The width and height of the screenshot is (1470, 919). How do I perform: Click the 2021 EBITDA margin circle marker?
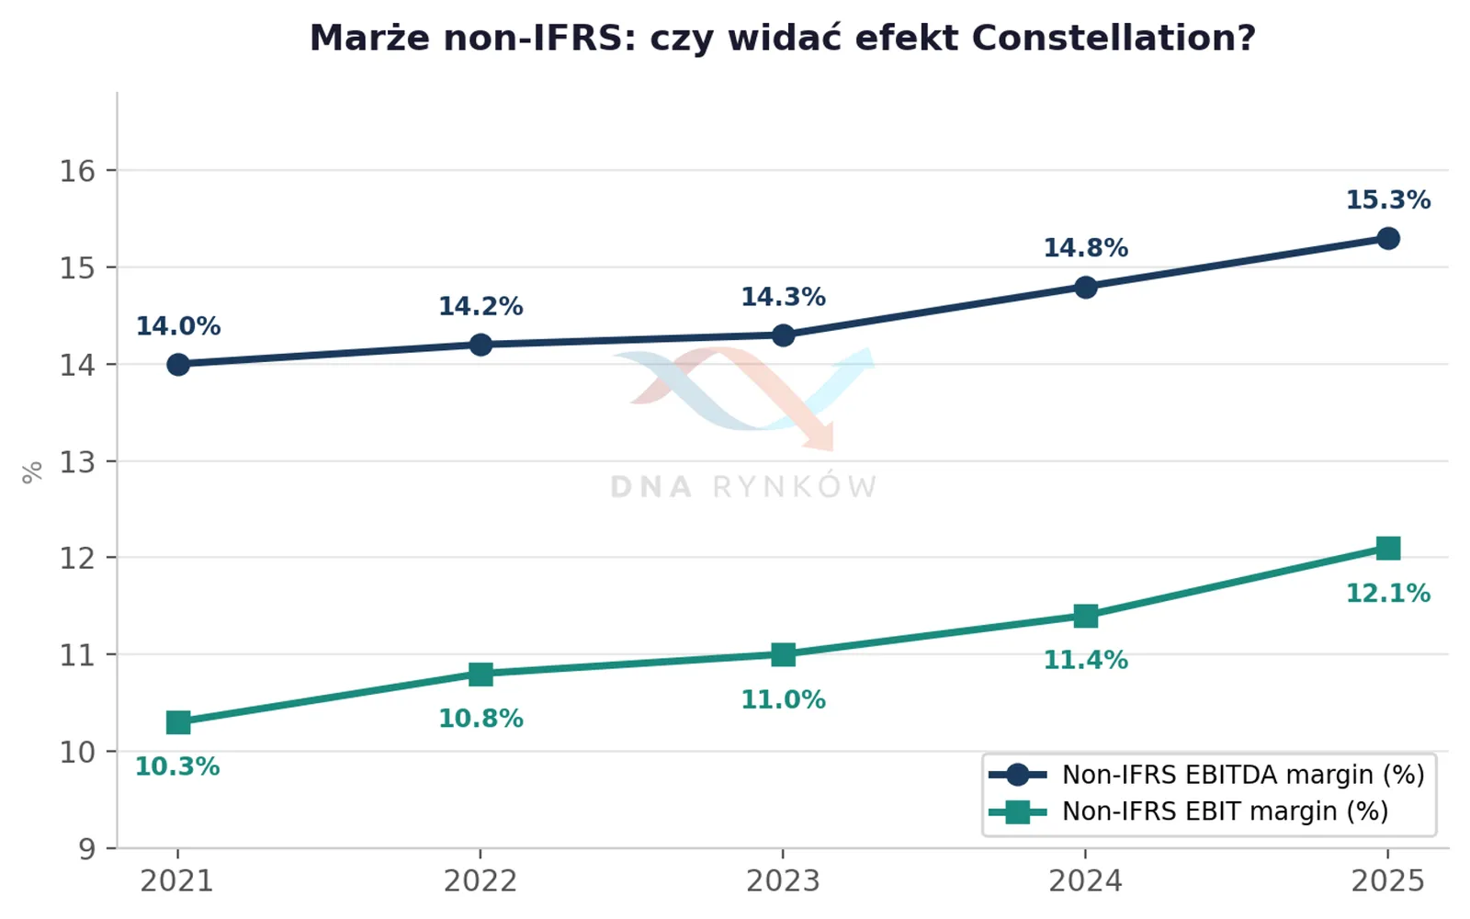click(x=178, y=364)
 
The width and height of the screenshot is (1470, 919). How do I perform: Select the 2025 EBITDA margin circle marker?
click(x=1388, y=238)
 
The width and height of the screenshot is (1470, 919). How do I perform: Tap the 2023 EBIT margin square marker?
click(x=783, y=654)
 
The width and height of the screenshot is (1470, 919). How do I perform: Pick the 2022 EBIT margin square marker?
click(x=481, y=674)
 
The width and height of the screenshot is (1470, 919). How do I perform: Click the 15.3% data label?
click(x=1388, y=200)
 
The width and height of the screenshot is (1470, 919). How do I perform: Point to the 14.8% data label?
click(x=1085, y=248)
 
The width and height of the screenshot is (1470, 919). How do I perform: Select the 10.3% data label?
click(x=177, y=766)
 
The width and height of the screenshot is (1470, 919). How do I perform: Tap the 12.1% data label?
click(x=1388, y=594)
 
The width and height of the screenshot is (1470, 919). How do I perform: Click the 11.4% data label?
click(x=1085, y=660)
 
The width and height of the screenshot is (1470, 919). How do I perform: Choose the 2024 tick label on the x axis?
click(x=1085, y=881)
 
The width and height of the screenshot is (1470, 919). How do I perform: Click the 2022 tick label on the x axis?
click(x=481, y=881)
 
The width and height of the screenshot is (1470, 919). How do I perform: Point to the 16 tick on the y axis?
click(x=77, y=171)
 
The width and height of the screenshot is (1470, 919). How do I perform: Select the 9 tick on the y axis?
click(x=87, y=849)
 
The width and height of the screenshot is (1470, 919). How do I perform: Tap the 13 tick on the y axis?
click(x=77, y=462)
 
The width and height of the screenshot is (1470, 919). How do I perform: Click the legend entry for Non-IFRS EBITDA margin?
click(x=1207, y=776)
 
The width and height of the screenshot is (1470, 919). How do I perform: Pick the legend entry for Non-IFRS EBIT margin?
click(x=1189, y=812)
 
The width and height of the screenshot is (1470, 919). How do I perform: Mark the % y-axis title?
click(x=32, y=472)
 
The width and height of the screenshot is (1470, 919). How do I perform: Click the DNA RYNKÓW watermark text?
click(x=743, y=487)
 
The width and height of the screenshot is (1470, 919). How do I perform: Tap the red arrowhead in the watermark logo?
click(x=820, y=437)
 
